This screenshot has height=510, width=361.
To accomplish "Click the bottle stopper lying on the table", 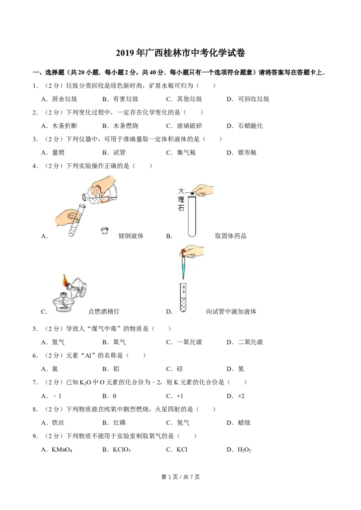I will point(105,231).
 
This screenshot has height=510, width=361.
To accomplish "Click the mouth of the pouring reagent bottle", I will point(84,196).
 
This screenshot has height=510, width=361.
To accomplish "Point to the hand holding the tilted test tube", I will point(68,218).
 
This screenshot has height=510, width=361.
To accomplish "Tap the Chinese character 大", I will point(182,191).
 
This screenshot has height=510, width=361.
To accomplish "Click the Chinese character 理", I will point(182,200).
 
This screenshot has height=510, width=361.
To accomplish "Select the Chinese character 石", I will point(182,209).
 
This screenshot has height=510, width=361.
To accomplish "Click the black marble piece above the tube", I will point(193,193).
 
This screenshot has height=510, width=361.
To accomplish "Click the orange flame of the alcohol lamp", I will point(65,280).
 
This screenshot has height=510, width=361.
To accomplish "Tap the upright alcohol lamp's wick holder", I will point(64,295).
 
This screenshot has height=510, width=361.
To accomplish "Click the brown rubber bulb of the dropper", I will point(184,251).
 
